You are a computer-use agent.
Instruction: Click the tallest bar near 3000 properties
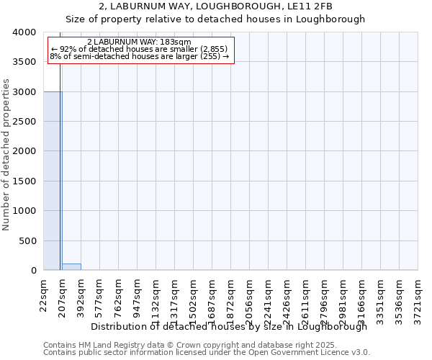click(x=53, y=181)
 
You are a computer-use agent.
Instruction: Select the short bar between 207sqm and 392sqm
click(x=71, y=266)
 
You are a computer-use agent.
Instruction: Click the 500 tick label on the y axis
click(x=28, y=240)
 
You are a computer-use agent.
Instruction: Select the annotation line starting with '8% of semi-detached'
click(x=140, y=56)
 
